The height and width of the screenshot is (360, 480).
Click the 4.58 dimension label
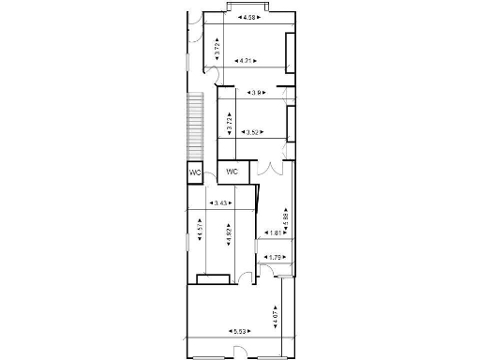(x=248, y=18)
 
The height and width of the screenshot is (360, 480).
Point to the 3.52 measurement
(x=250, y=132)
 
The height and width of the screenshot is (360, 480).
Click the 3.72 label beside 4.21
(x=217, y=50)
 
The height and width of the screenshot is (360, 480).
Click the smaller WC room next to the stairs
(x=195, y=172)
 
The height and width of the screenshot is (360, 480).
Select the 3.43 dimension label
(x=222, y=203)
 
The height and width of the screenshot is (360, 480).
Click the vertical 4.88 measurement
(x=286, y=219)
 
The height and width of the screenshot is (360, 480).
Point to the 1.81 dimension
(x=276, y=233)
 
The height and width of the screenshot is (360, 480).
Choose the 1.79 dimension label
(x=276, y=257)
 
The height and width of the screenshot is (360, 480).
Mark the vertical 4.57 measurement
(x=199, y=229)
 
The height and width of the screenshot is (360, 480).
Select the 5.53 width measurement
(x=241, y=331)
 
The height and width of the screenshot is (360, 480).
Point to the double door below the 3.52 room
(x=272, y=169)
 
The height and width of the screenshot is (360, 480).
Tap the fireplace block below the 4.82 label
(x=215, y=277)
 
